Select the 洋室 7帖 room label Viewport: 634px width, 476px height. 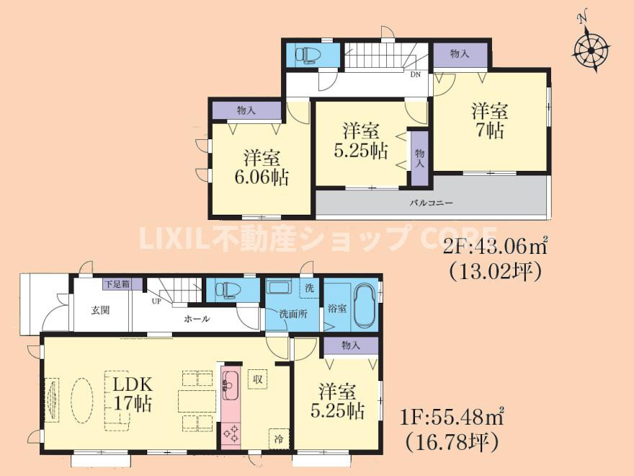pos(490,120)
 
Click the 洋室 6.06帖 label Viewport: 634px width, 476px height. pos(261,167)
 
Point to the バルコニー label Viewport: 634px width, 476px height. pos(431,203)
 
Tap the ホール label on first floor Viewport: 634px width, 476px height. pos(197,318)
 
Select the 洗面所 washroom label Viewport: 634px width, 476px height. pos(293,314)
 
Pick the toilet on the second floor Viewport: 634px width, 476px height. pos(308,55)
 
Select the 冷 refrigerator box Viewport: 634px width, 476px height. pos(277,437)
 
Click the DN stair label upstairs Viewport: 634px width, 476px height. pos(416,74)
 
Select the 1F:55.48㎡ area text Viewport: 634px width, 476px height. pos(452,417)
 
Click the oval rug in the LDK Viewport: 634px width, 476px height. pos(81,400)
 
